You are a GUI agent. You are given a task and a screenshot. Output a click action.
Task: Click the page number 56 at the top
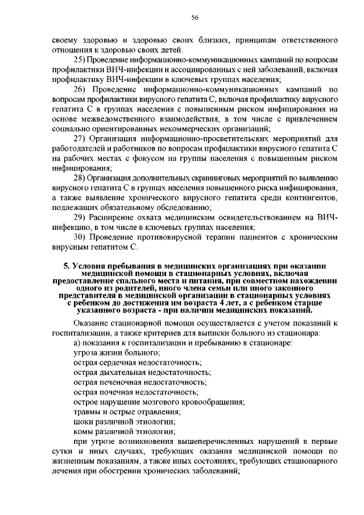click(x=194, y=18)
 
